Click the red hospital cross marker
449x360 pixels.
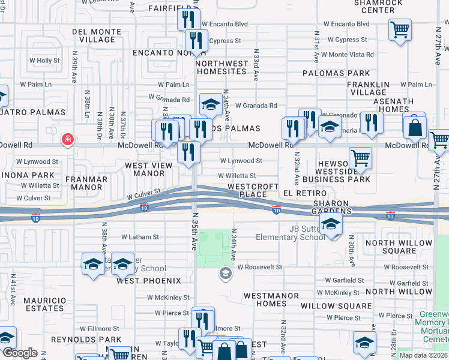[67, 140]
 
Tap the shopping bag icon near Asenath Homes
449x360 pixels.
[415, 127]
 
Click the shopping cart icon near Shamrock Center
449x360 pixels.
[399, 29]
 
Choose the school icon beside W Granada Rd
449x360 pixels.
[211, 106]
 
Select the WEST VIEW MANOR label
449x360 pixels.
[144, 169]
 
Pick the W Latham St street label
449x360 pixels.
[140, 237]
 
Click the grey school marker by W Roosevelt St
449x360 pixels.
[225, 274]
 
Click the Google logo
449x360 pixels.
[20, 353]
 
